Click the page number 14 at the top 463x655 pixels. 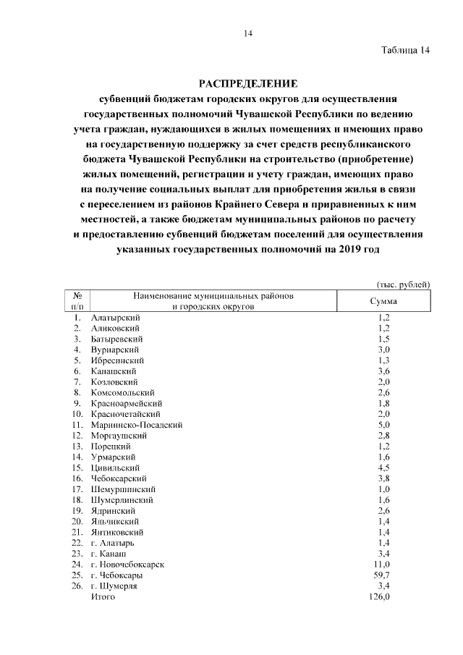coord(247,33)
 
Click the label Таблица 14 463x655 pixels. coord(405,50)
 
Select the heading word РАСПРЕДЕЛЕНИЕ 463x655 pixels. coord(248,83)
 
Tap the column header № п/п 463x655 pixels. coord(77,302)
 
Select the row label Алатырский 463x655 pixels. coord(116,317)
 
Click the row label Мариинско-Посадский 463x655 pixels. coord(136,425)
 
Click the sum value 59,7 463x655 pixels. coord(381,575)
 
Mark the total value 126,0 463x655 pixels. coord(381,597)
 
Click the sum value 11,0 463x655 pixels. coord(381,565)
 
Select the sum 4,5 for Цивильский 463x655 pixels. coord(383,468)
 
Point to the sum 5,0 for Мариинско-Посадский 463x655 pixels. coord(383,425)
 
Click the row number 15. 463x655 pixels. coord(76,468)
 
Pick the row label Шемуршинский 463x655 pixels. coord(124,489)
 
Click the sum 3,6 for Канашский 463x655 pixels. coord(383,371)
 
